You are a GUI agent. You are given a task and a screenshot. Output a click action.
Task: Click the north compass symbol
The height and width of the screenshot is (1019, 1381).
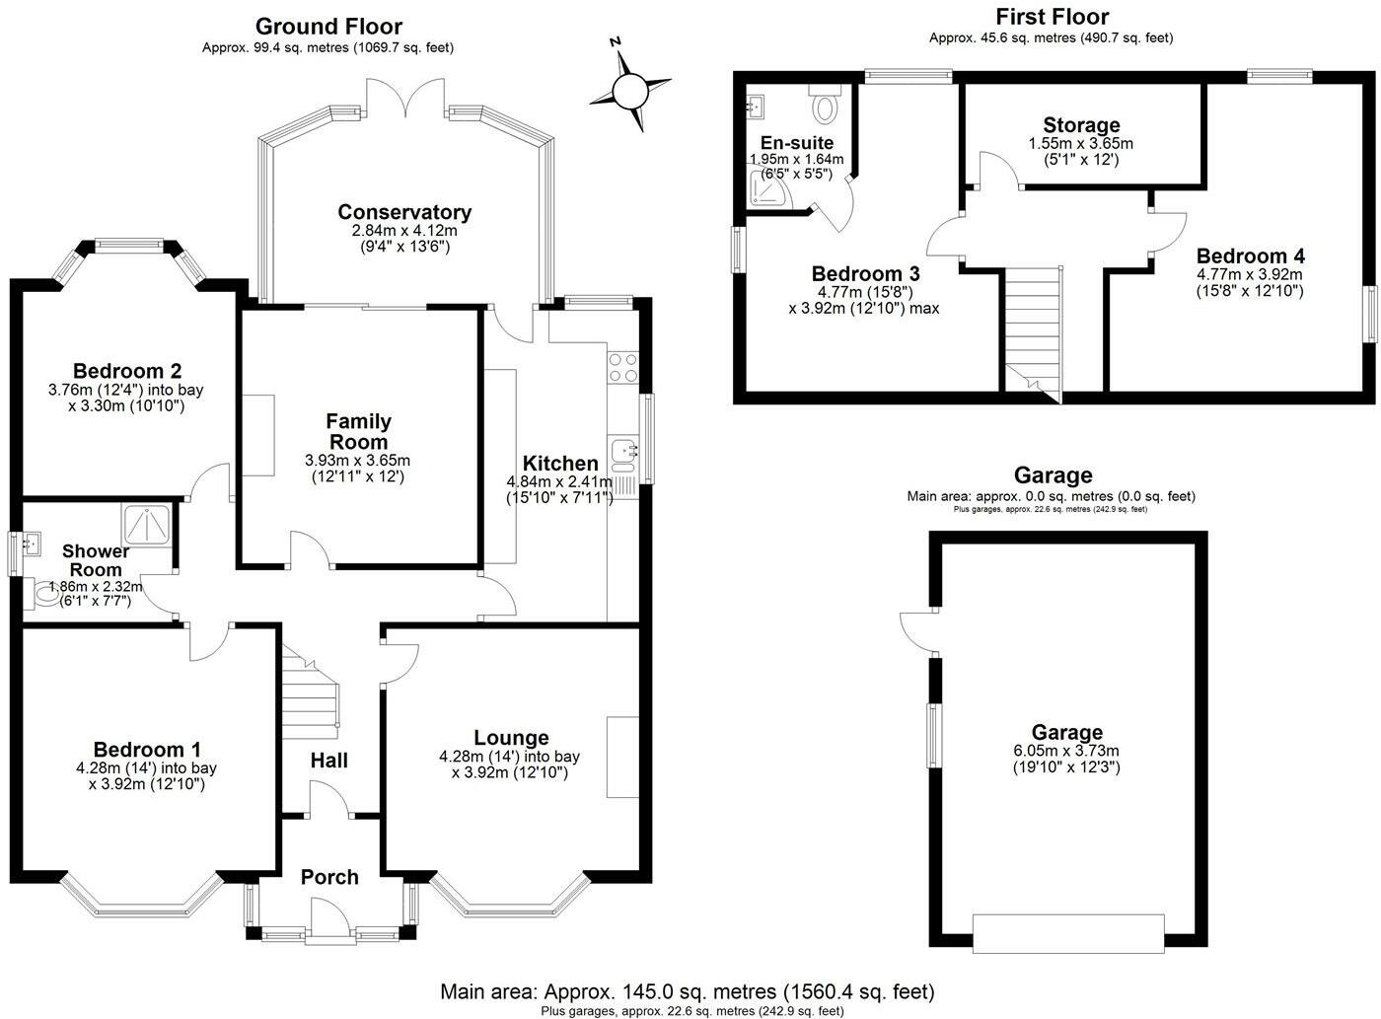point(628,90)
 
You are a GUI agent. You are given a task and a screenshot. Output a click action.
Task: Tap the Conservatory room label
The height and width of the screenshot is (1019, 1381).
point(404,212)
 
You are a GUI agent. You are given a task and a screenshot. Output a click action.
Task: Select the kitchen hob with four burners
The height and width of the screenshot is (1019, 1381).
point(623,367)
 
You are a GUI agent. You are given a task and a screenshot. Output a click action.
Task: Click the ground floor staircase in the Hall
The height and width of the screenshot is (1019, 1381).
point(311,691)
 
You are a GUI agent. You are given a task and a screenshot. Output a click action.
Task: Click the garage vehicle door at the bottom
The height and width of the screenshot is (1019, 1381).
point(1068,933)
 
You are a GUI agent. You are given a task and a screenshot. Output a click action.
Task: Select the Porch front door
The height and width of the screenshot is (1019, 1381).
point(329,917)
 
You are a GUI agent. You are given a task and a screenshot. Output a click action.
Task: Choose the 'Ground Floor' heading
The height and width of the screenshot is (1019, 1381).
point(328,27)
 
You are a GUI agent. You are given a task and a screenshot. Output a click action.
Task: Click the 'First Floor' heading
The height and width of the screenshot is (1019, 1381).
point(1052,17)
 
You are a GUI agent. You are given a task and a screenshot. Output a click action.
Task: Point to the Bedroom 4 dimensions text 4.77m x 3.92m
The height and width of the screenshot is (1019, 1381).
point(1250,274)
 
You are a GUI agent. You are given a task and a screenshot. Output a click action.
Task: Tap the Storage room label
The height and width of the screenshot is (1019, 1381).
point(1081,125)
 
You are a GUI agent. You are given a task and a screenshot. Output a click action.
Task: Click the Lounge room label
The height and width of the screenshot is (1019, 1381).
point(511,738)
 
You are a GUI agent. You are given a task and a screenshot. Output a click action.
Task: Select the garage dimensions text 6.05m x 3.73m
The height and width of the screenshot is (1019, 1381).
point(1066,751)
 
